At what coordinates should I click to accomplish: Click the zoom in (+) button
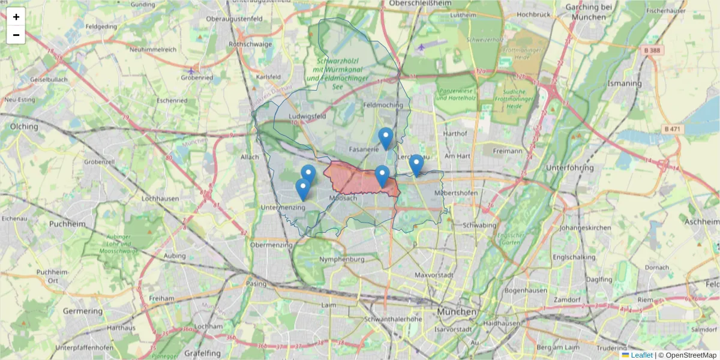click(x=16, y=17)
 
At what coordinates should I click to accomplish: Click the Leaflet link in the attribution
click(x=641, y=355)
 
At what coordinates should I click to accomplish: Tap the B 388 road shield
click(x=650, y=50)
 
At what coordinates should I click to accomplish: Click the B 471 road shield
click(x=674, y=129)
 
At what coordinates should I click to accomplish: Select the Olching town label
click(x=24, y=127)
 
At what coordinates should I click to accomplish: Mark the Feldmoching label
click(x=383, y=105)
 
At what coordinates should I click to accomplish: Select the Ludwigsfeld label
click(x=307, y=116)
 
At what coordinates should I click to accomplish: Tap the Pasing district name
click(x=256, y=283)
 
